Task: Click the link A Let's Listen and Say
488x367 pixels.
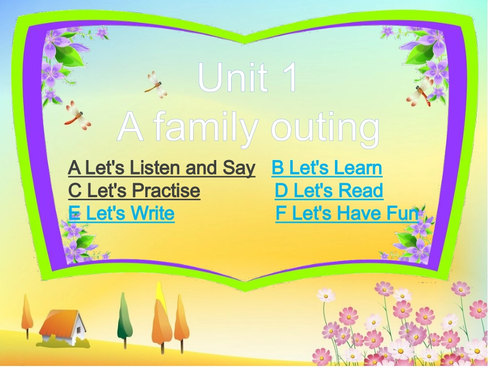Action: tap(161, 168)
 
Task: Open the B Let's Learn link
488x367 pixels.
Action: tap(327, 168)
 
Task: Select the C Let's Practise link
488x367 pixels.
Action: tap(134, 191)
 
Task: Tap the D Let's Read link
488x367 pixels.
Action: tap(329, 191)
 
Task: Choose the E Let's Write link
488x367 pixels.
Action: tap(121, 213)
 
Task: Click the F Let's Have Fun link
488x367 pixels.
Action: tap(347, 213)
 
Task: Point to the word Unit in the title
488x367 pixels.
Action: tap(232, 79)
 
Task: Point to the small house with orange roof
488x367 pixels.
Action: tap(63, 327)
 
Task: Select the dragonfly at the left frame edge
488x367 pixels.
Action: tap(77, 114)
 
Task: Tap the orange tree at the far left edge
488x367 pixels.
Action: tap(27, 313)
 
